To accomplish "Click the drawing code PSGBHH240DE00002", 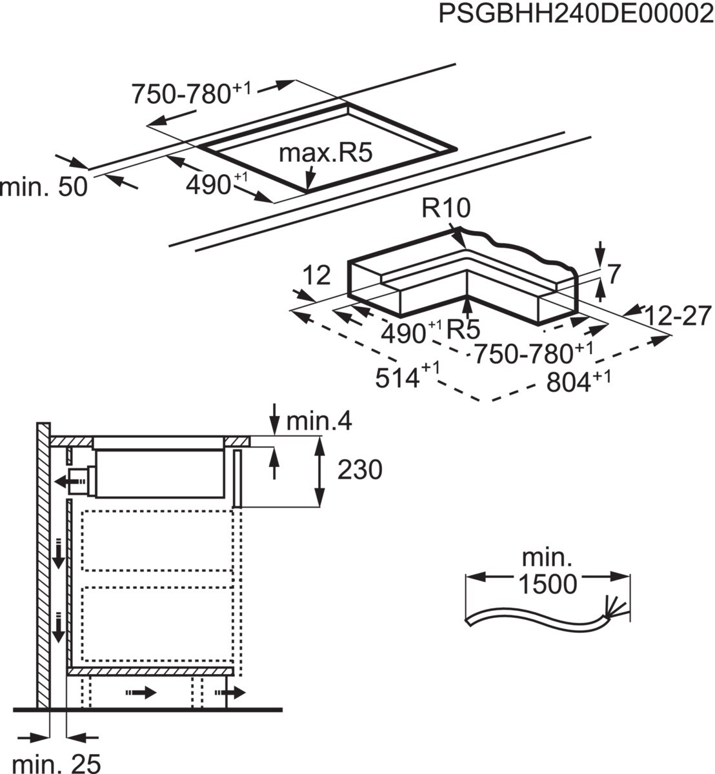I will coord(576,14).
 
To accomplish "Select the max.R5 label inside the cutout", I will coord(326,154).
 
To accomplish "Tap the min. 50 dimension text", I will coord(44,187).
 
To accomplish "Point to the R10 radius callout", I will coord(447,209).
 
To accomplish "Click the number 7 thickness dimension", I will coord(614,275).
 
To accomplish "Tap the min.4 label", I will coord(319,422).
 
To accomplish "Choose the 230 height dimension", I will coord(359,470).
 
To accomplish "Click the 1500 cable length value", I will coord(547,584).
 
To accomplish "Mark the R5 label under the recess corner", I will coord(463,330).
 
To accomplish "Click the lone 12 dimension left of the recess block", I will coord(316,276).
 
